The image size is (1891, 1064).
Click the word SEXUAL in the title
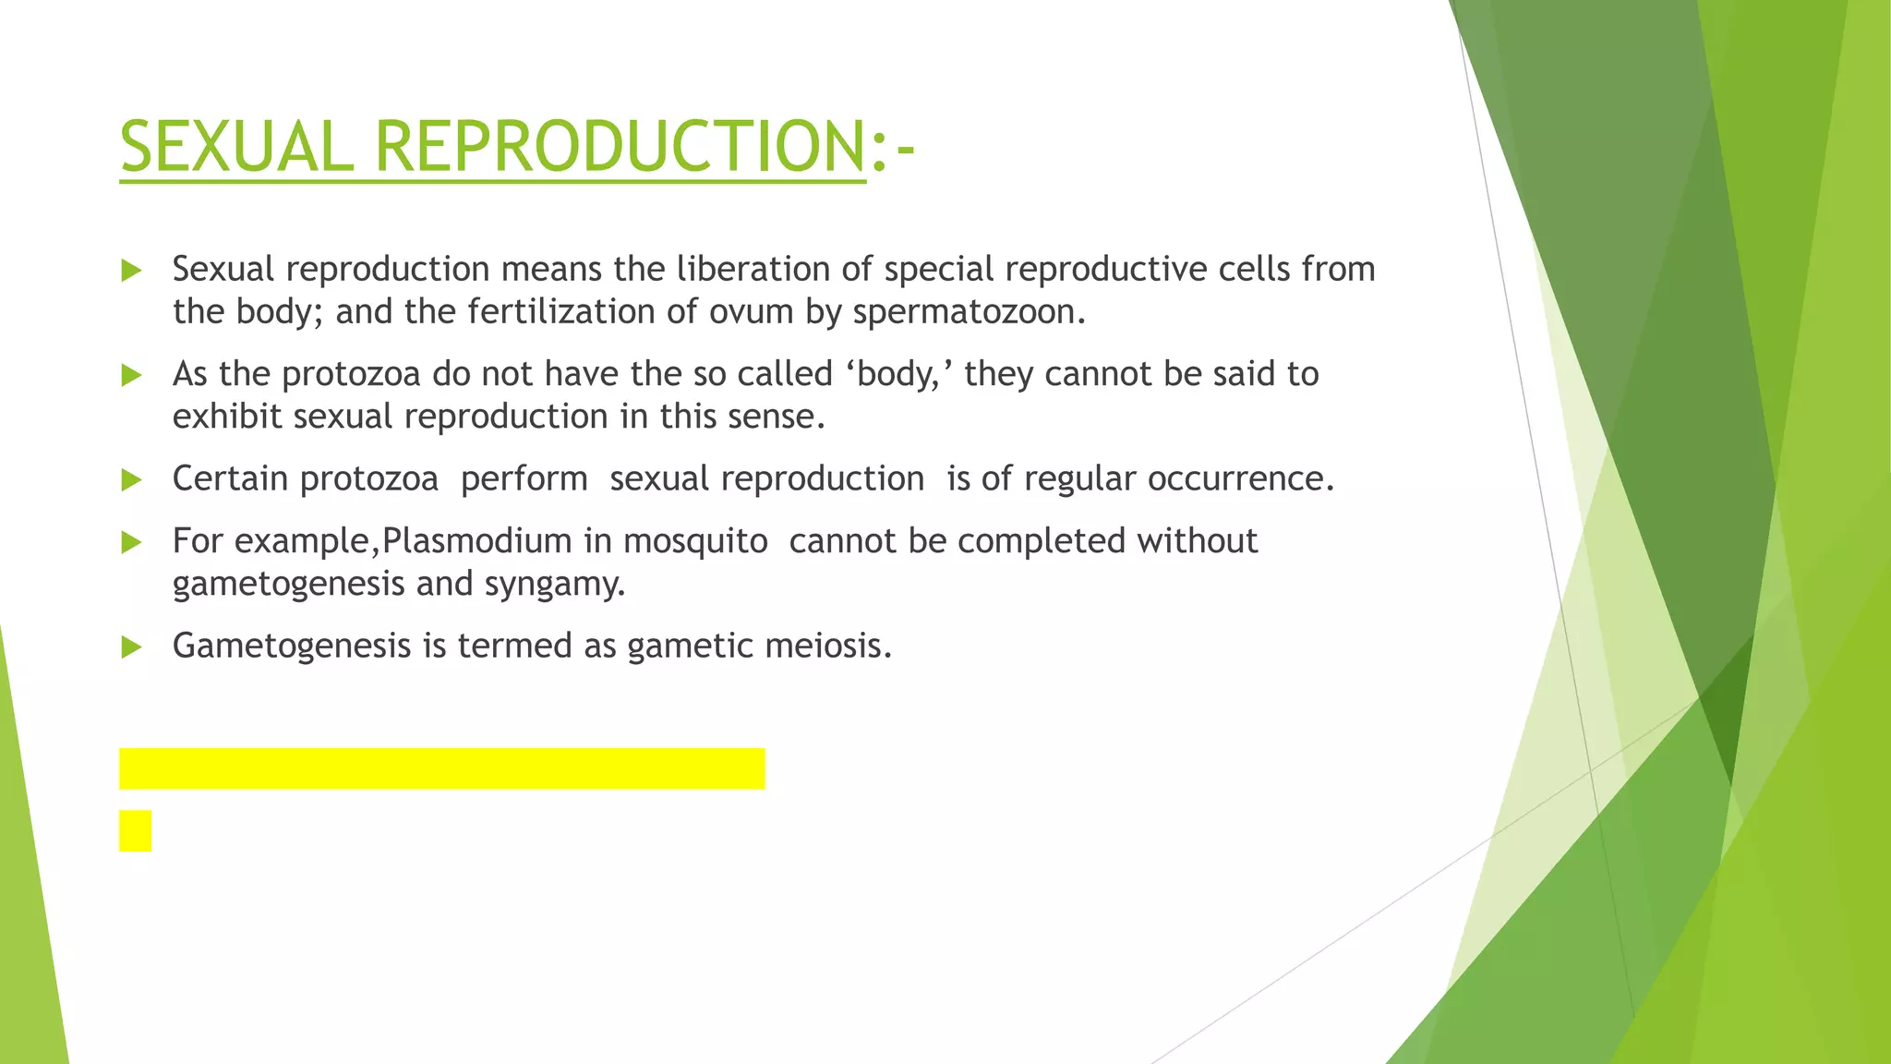pos(236,148)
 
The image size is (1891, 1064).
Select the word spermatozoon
pos(969,312)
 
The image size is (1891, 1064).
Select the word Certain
pos(230,478)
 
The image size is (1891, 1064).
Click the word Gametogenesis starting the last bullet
pos(292,646)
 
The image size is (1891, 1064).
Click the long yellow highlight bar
pos(441,768)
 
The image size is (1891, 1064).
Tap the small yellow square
pos(135,830)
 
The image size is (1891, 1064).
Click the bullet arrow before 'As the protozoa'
pos(131,375)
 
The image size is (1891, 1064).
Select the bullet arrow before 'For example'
pos(131,542)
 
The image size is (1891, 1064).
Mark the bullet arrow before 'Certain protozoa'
pos(131,479)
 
